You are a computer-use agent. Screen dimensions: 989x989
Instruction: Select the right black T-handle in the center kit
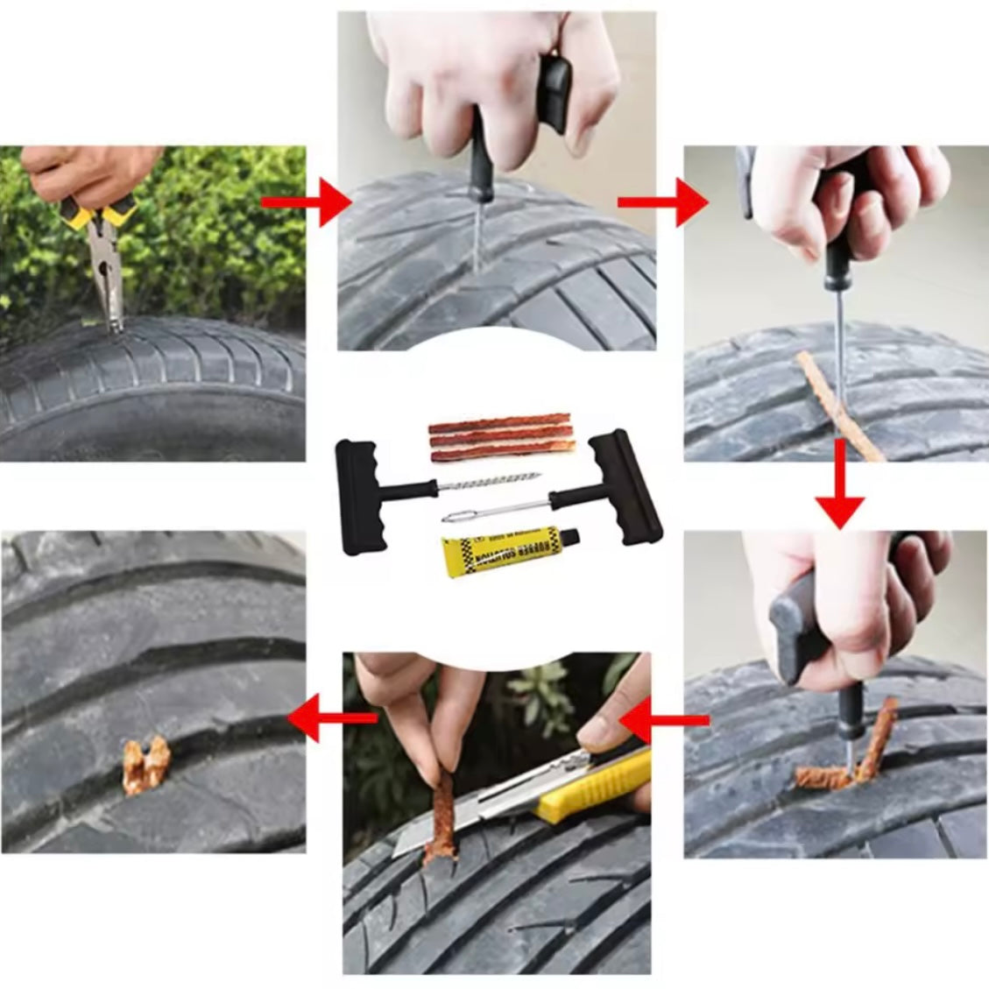pyautogui.click(x=624, y=487)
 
